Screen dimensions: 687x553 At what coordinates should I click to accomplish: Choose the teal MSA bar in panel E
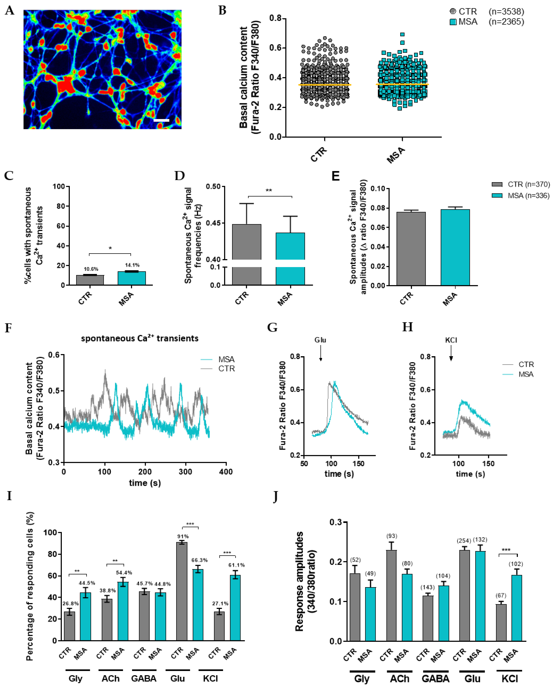(x=455, y=247)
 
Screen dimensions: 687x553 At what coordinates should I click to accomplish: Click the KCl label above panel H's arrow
(x=451, y=340)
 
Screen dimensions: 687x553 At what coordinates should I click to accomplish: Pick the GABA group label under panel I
(x=144, y=678)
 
